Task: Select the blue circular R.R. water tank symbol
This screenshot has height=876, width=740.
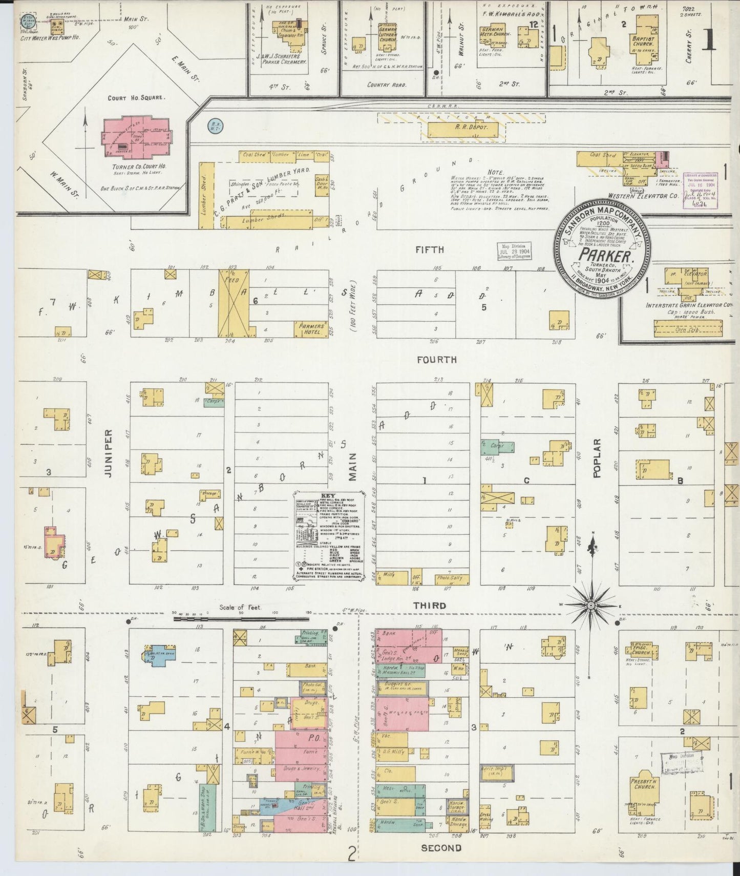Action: [214, 124]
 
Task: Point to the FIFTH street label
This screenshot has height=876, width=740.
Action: [430, 249]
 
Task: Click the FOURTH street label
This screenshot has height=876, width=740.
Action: [436, 360]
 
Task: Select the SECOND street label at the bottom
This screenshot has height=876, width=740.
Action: [441, 848]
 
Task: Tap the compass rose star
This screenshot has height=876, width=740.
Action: [590, 606]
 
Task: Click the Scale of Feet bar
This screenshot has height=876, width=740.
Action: [241, 619]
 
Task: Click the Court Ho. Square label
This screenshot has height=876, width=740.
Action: [136, 98]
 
